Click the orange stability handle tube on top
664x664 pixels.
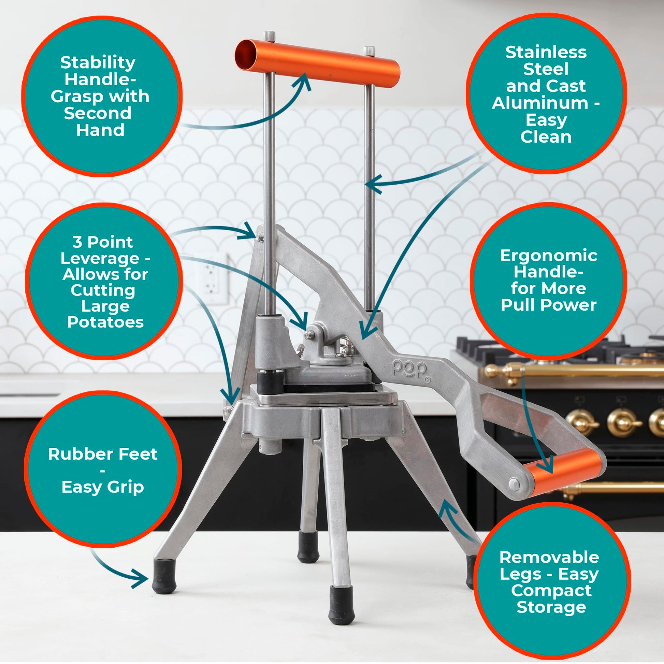(x=317, y=63)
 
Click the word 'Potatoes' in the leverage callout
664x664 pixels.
(x=105, y=322)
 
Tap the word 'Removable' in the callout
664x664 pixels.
(x=549, y=557)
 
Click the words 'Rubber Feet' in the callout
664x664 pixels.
(x=103, y=454)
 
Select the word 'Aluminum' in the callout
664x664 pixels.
(x=540, y=103)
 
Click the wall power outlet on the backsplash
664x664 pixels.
(x=210, y=279)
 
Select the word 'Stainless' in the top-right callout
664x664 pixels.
(x=546, y=53)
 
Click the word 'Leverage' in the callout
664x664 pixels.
(x=100, y=258)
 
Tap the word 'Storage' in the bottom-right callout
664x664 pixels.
(x=551, y=607)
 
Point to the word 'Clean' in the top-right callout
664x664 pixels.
(x=546, y=137)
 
